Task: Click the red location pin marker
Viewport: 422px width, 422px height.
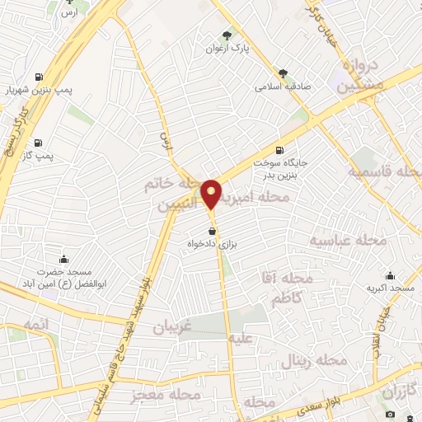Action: (x=212, y=194)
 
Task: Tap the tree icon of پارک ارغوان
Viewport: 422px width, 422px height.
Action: (x=227, y=35)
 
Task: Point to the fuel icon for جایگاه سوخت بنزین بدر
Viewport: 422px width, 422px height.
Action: (x=279, y=150)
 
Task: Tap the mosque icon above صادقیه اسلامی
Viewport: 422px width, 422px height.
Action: (x=284, y=73)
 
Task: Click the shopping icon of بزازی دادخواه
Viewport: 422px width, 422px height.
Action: (x=213, y=232)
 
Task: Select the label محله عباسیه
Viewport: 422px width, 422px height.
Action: (x=348, y=240)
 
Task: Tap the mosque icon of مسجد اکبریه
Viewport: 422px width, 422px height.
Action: (x=390, y=275)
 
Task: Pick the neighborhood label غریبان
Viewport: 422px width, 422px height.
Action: (x=171, y=327)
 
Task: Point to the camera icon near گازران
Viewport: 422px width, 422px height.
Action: (x=390, y=413)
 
